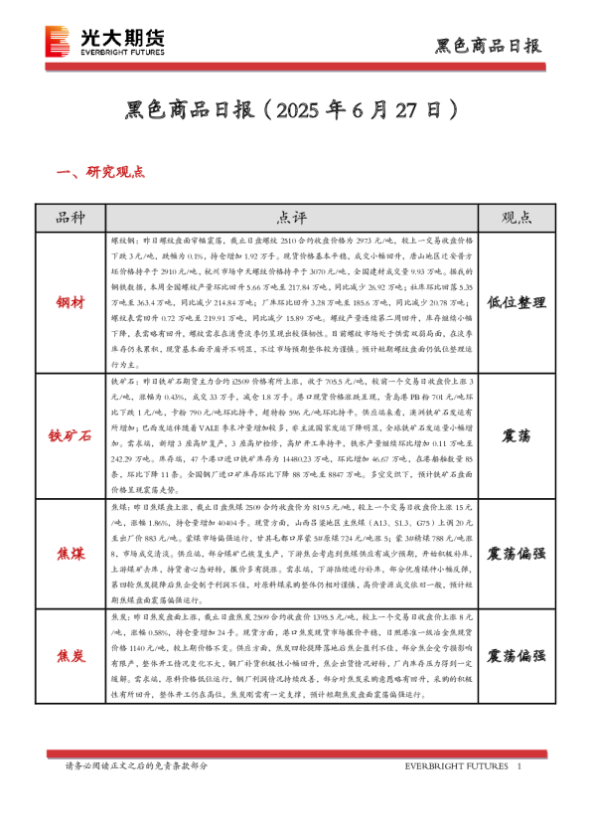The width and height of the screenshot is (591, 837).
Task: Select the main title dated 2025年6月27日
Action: tap(294, 107)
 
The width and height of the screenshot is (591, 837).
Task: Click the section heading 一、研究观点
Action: tap(102, 172)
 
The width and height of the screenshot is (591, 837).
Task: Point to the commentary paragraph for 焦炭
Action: tap(294, 656)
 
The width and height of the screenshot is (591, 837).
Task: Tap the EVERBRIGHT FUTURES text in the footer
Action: tap(456, 766)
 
